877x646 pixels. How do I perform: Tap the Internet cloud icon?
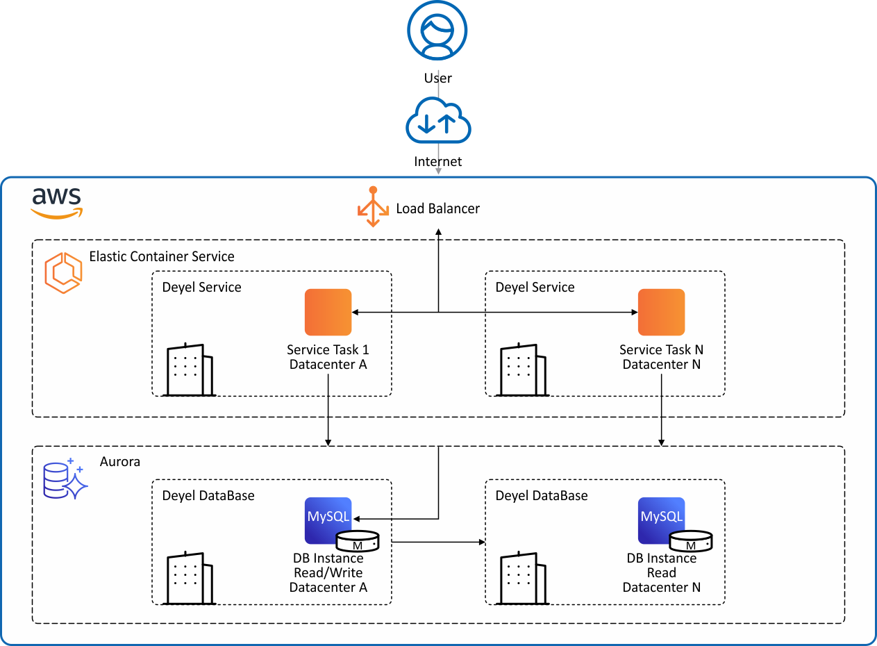[x=438, y=121]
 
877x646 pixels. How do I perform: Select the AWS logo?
[x=57, y=202]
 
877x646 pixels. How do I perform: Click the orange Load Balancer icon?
[x=373, y=208]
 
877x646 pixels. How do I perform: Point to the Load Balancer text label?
[x=437, y=208]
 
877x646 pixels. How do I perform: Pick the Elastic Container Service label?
[x=162, y=257]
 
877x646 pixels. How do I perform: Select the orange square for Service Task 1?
[x=328, y=313]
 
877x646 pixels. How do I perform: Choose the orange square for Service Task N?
[x=661, y=313]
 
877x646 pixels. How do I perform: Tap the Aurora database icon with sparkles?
[x=65, y=479]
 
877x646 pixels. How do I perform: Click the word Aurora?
[x=120, y=461]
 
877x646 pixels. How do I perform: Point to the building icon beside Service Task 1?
[x=189, y=370]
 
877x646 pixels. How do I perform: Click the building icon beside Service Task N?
[x=522, y=370]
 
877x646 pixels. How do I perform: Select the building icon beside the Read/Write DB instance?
[x=189, y=578]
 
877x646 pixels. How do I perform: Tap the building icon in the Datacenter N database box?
[x=522, y=578]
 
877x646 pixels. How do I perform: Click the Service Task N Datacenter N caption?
[x=661, y=357]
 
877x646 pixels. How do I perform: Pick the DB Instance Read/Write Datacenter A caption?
[x=328, y=573]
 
